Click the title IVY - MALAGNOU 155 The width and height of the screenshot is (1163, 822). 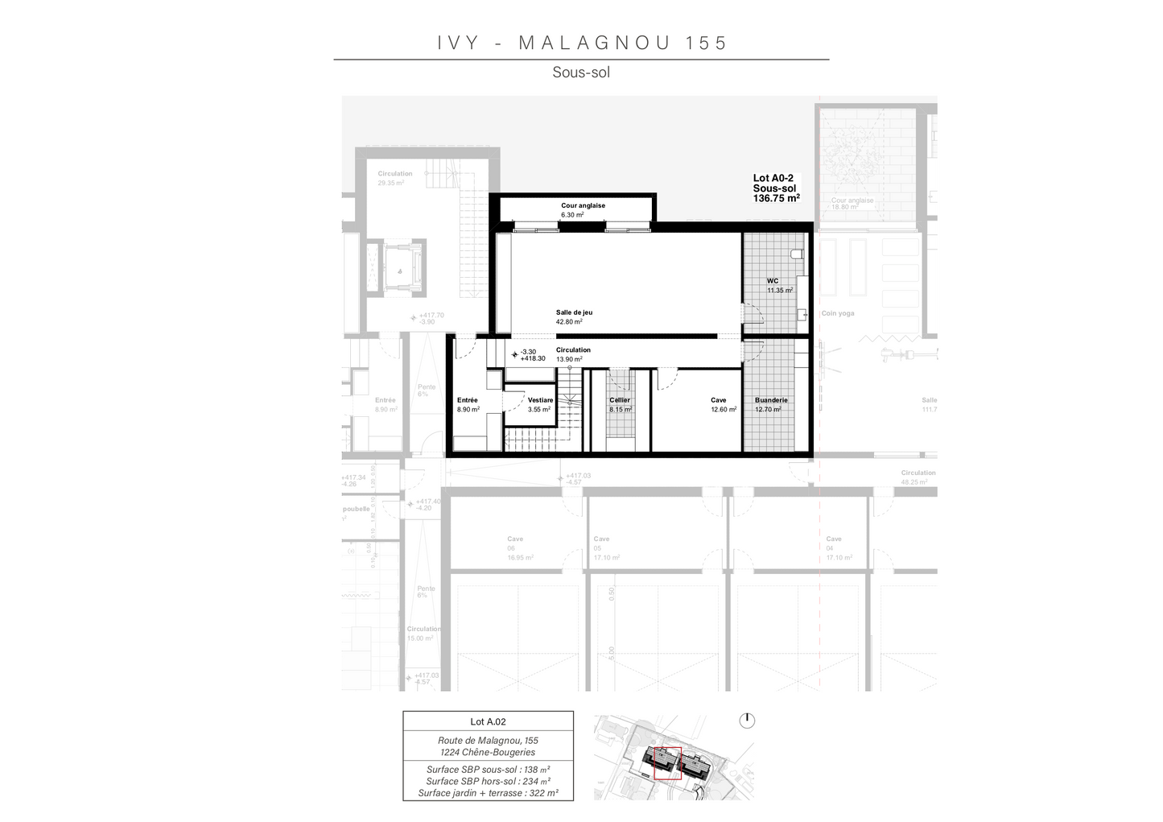point(582,43)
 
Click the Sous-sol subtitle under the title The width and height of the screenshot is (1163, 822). point(581,72)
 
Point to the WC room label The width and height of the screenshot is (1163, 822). point(773,281)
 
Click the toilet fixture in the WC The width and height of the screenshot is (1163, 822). point(797,254)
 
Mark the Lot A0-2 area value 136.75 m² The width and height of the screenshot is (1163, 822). point(776,198)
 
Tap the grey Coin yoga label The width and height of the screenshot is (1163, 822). point(837,313)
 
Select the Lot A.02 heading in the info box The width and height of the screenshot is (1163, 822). point(488,722)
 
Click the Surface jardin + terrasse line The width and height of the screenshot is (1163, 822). point(488,793)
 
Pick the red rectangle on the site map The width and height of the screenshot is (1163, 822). point(667,763)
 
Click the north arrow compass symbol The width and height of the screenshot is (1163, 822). point(747,720)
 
